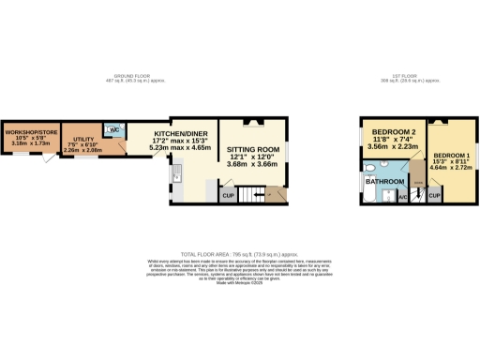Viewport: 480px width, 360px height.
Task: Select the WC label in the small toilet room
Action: (x=111, y=130)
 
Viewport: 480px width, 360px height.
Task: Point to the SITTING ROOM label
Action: (x=254, y=149)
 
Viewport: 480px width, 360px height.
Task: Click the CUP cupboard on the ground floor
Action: (x=227, y=195)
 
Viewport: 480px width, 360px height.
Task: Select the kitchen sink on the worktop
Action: (x=174, y=172)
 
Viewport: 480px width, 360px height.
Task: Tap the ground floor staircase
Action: (x=250, y=195)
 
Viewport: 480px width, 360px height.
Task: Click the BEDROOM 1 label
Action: (x=449, y=154)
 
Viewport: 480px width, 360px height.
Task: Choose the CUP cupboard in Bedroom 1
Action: (x=435, y=195)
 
